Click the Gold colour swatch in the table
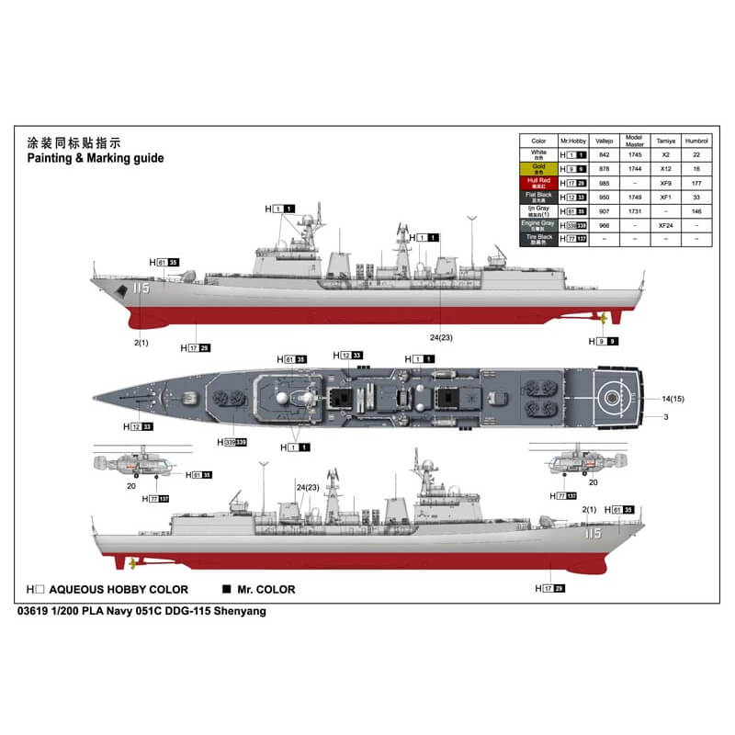538,169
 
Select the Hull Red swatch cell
538,183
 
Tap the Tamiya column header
665,141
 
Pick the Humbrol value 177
696,183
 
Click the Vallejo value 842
605,155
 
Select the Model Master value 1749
635,196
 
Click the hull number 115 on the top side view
140,288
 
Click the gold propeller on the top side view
603,319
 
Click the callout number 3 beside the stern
665,418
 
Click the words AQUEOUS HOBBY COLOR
119,590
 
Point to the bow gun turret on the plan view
189,398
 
